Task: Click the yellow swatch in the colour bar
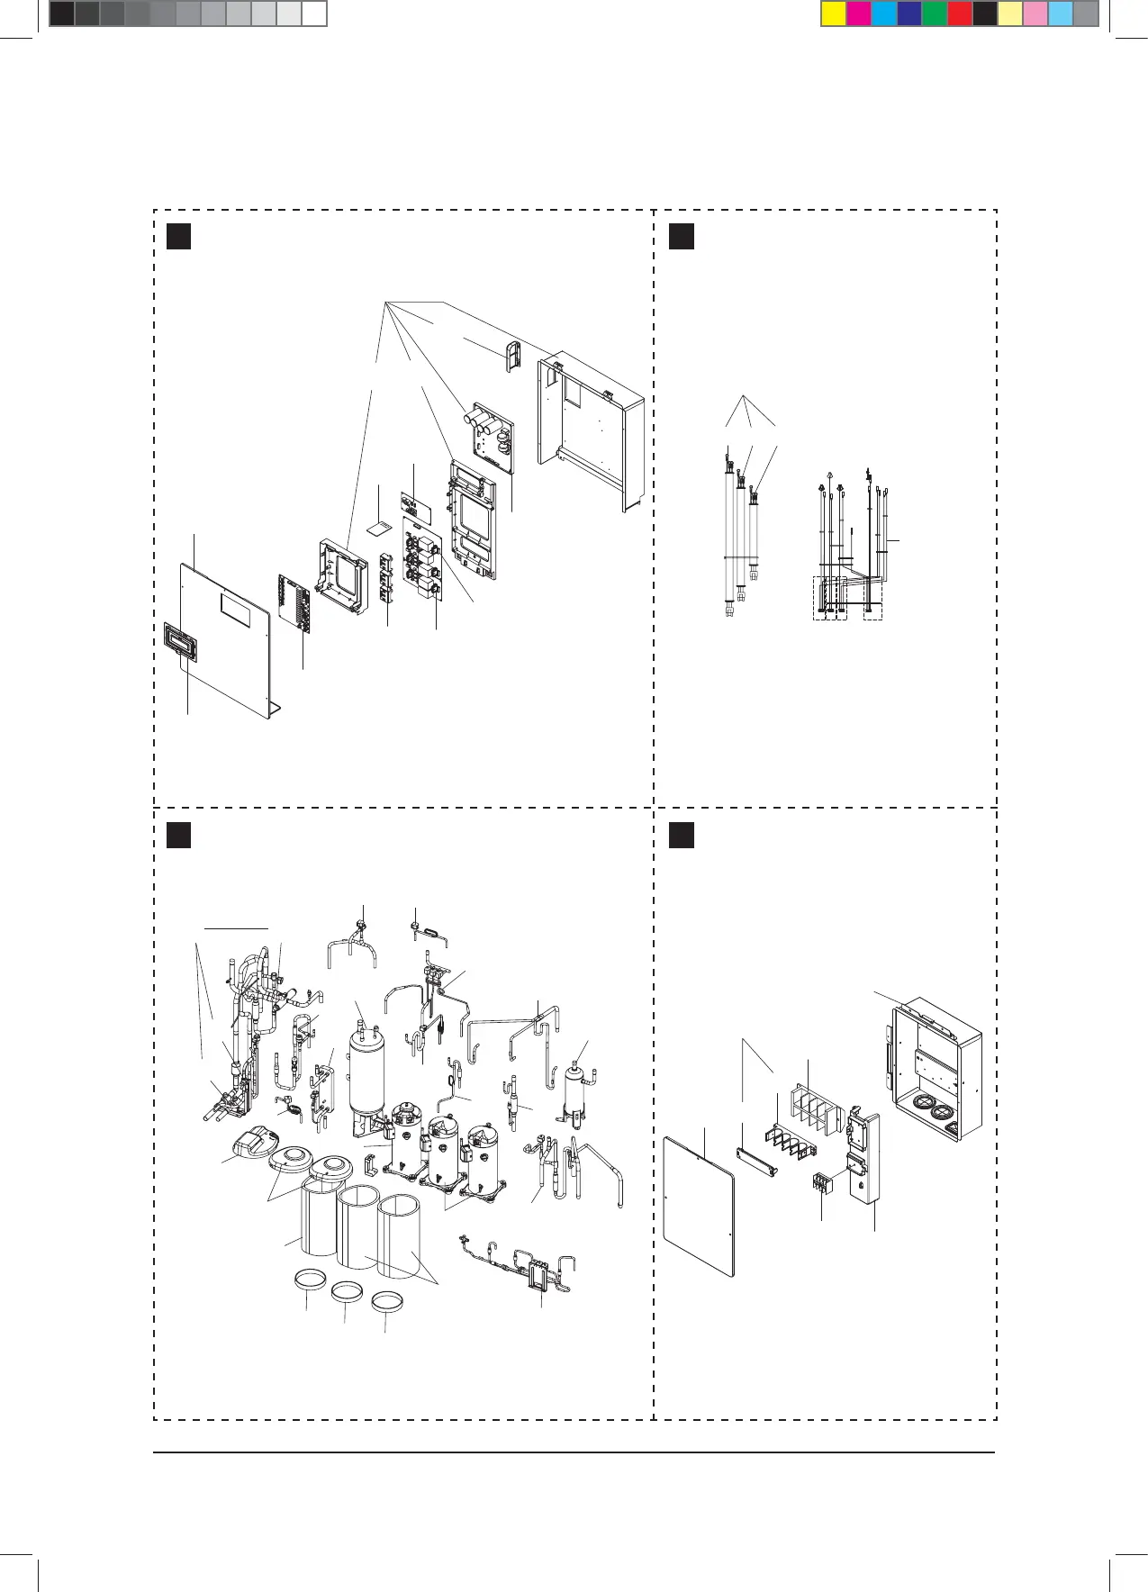tap(834, 14)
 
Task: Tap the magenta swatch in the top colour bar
tap(859, 14)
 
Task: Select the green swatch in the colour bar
tap(935, 14)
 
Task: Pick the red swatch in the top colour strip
tap(960, 14)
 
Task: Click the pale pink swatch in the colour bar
tap(1035, 14)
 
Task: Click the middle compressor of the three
tap(439, 1149)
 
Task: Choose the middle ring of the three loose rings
tap(347, 1293)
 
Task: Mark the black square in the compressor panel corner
tap(179, 835)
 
